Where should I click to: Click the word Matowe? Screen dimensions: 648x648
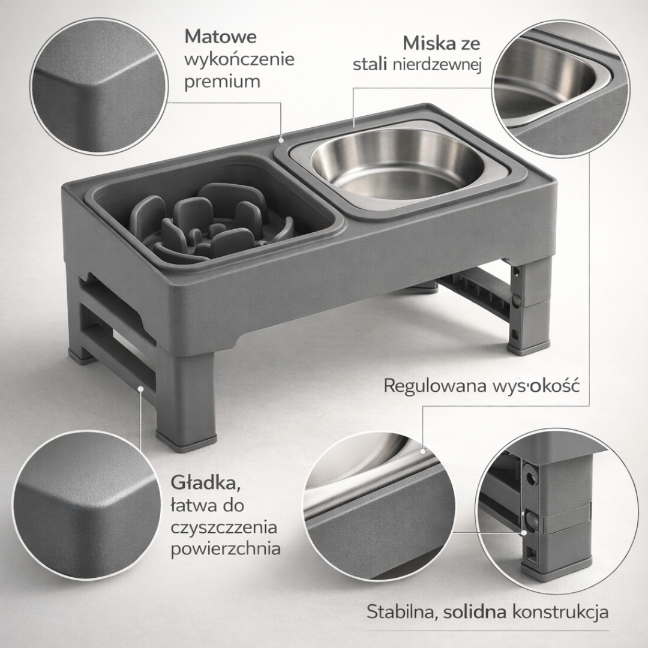coord(221,37)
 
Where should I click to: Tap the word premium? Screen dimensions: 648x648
coord(223,82)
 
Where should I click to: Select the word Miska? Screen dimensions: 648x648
coord(428,43)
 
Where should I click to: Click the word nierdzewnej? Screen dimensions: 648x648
coord(437,65)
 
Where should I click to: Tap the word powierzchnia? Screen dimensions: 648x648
coord(226,549)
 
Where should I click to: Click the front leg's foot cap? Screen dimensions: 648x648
coord(186,442)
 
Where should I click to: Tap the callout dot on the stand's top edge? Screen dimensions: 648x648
coord(281,140)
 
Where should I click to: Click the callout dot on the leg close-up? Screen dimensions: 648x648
coord(524,533)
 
